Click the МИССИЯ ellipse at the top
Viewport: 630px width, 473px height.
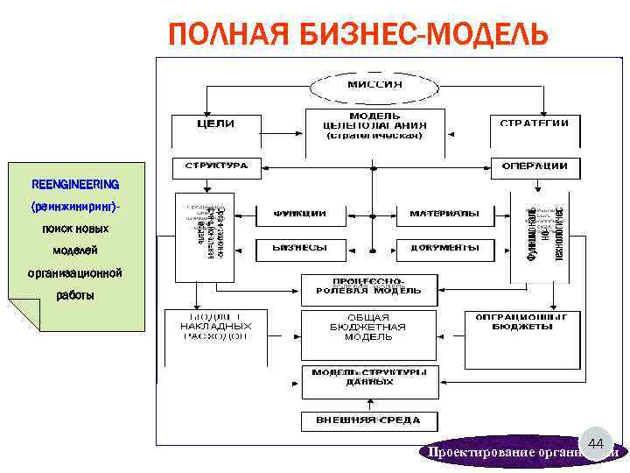pyautogui.click(x=374, y=84)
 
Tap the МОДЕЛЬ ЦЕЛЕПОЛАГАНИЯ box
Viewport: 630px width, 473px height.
pyautogui.click(x=374, y=127)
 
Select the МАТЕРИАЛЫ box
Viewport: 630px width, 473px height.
pyautogui.click(x=444, y=214)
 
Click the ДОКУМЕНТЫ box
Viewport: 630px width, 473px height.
pyautogui.click(x=444, y=249)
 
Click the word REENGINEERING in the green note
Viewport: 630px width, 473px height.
pyautogui.click(x=75, y=185)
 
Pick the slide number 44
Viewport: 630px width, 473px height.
pyautogui.click(x=596, y=445)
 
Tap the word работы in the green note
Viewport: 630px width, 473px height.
pyautogui.click(x=74, y=295)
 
